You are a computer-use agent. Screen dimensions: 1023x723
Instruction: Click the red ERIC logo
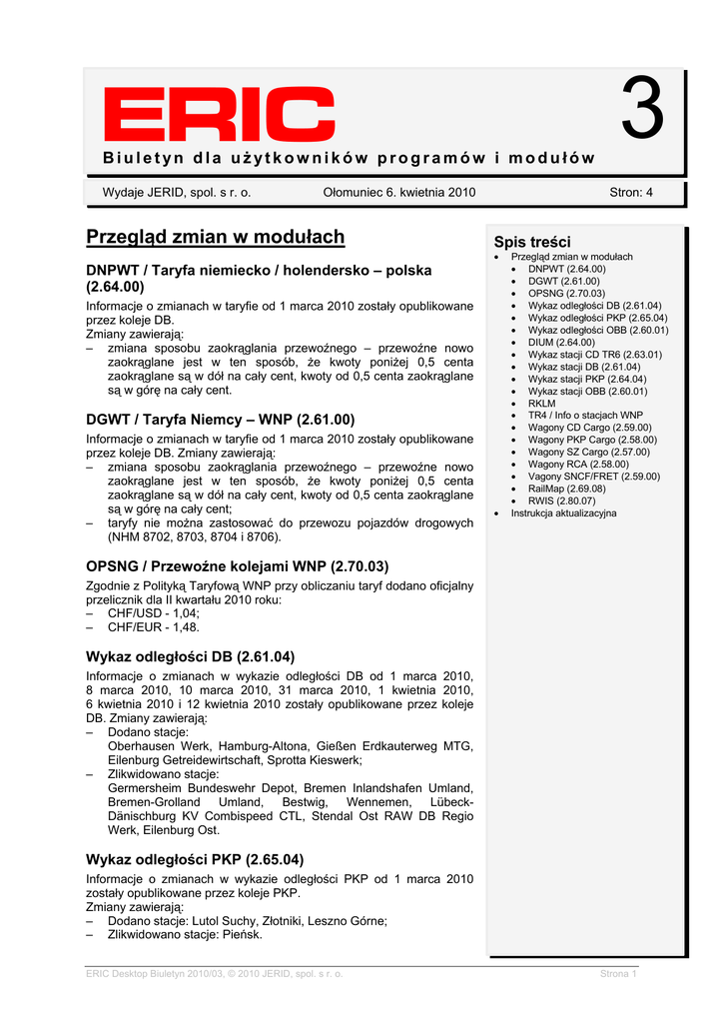[206, 115]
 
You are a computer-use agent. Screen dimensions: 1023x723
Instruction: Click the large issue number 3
[641, 111]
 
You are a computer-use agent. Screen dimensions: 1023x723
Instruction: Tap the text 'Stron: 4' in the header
[630, 192]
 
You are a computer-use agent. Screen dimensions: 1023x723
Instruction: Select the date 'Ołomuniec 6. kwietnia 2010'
[399, 192]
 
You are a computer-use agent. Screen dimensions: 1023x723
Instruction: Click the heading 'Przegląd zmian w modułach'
[215, 237]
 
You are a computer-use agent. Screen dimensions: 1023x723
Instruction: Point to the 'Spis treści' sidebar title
[532, 242]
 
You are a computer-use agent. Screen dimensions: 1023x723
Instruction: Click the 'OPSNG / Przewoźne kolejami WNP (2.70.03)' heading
[238, 565]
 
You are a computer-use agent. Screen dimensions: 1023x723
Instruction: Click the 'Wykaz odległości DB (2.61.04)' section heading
[191, 656]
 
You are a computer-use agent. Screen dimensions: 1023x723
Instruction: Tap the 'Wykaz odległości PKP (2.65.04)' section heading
[195, 859]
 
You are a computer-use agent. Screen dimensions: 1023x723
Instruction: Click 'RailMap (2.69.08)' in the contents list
[566, 489]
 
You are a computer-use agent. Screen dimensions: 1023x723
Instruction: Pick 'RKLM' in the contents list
[541, 403]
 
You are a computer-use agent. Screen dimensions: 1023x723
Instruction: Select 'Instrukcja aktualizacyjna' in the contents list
[563, 512]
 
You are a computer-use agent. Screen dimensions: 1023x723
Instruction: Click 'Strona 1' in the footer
[617, 974]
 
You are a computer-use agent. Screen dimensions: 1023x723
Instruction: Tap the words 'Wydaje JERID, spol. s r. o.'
[177, 192]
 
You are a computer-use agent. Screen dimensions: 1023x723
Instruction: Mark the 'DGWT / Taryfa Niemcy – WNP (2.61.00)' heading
[221, 420]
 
